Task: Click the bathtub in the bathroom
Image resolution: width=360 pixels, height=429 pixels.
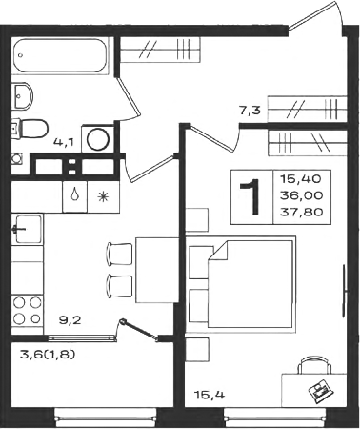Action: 59,56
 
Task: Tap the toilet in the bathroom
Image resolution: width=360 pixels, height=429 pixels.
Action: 30,129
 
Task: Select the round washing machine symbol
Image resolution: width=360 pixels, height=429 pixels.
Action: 98,139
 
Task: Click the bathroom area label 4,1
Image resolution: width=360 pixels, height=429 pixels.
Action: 64,142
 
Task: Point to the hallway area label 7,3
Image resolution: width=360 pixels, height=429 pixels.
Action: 250,111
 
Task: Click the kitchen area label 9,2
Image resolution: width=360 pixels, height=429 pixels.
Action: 70,319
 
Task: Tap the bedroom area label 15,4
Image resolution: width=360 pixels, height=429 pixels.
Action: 210,395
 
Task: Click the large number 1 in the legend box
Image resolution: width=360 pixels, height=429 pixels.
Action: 250,197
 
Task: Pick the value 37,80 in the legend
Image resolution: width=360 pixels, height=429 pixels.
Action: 302,212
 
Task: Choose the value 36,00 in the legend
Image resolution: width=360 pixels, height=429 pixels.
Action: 302,195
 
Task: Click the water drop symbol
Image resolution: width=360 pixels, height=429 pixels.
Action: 74,194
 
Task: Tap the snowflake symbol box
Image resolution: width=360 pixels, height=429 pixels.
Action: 104,197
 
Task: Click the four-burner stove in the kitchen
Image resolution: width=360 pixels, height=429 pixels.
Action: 28,311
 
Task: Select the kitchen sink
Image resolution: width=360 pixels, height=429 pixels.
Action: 28,229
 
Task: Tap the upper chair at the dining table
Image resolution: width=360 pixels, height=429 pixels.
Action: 119,254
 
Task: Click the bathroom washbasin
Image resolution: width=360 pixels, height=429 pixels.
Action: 22,96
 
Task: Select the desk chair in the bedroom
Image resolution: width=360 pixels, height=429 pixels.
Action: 314,365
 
